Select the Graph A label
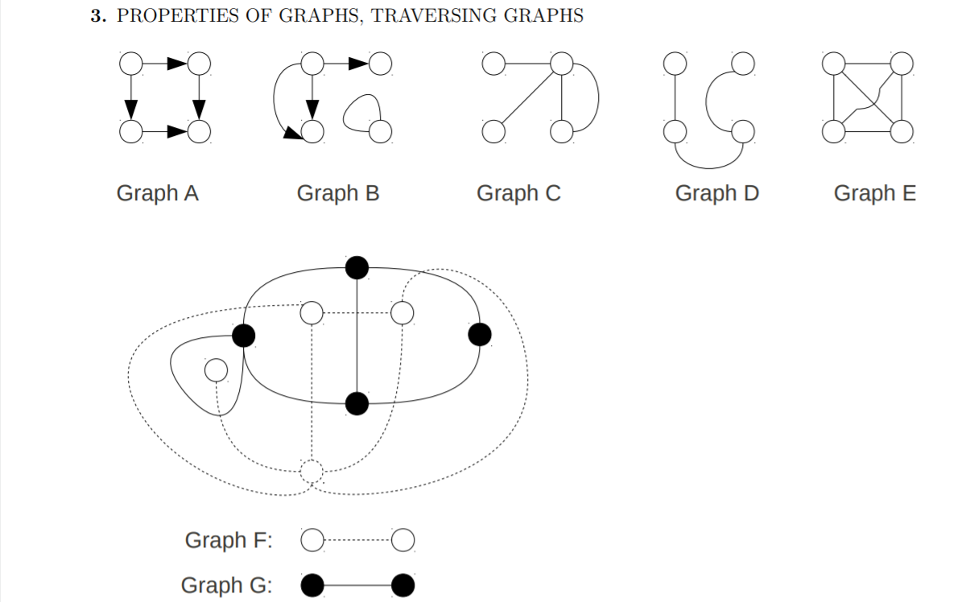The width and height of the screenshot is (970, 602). (x=157, y=194)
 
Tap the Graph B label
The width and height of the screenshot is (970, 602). (x=337, y=194)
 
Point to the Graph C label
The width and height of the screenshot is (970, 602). (x=518, y=194)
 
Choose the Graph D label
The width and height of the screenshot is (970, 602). (x=716, y=194)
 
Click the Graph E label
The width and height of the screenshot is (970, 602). (x=874, y=194)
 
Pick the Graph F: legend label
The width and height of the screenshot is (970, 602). (x=229, y=540)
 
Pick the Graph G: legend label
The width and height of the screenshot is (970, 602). (x=226, y=585)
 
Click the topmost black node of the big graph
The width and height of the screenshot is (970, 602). (x=357, y=267)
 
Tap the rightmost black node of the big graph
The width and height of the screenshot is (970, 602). (x=480, y=334)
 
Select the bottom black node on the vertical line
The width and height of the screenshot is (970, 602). (x=357, y=404)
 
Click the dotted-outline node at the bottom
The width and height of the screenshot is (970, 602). (x=312, y=472)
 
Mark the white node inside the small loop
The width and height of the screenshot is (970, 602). (x=216, y=370)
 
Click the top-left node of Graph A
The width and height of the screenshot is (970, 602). (x=130, y=63)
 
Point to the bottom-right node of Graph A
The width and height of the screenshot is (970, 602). (x=199, y=130)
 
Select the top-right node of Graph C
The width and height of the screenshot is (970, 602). (x=561, y=63)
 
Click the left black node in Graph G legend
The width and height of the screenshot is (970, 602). (x=313, y=585)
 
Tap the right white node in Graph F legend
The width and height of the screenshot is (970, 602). (x=404, y=540)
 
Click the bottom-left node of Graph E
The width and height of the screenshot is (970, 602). (x=834, y=130)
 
